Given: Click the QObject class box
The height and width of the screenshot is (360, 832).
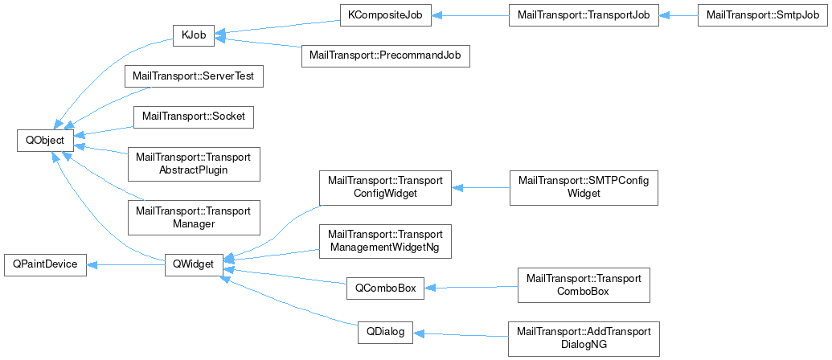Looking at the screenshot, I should click(x=45, y=139).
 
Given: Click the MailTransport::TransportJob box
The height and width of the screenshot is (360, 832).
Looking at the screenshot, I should click(x=584, y=15).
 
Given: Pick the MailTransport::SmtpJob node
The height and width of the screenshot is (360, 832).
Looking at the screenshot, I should click(x=763, y=15).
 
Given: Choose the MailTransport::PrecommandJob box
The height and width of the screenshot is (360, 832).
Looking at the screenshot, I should click(x=384, y=57).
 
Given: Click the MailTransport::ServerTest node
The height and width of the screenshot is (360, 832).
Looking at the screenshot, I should click(x=193, y=78).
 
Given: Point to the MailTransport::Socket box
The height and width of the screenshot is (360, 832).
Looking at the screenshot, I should click(x=193, y=117).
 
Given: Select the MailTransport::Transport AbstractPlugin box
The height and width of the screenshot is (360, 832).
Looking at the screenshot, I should click(x=194, y=163).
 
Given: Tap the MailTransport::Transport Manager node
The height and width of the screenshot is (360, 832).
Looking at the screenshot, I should click(x=194, y=217).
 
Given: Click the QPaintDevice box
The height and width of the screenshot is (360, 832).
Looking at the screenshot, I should click(x=44, y=264).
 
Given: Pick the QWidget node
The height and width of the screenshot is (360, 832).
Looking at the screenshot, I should click(x=193, y=264).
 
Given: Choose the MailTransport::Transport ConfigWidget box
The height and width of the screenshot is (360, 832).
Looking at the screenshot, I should click(x=385, y=186).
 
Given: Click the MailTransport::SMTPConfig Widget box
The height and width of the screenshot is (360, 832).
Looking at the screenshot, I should click(x=584, y=186).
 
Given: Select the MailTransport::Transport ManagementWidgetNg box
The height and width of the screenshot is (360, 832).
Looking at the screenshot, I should click(x=385, y=240).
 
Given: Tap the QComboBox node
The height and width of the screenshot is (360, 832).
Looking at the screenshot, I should click(x=385, y=287).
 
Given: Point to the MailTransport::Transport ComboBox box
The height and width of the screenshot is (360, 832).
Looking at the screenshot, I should click(x=584, y=284).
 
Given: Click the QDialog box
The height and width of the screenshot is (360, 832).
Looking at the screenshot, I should click(x=385, y=332).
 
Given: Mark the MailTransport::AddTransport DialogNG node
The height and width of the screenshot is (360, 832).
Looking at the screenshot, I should click(x=584, y=338).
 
